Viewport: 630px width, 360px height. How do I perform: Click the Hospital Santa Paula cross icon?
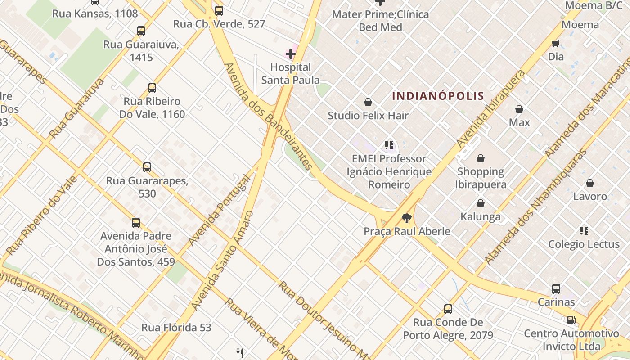coord(291,54)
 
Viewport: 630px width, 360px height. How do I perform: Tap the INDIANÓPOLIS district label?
coord(438,96)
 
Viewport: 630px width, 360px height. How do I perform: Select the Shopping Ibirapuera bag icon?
coord(481,158)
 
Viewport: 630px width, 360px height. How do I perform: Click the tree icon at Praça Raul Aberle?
coord(407,219)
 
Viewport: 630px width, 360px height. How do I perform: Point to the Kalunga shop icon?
coord(481,203)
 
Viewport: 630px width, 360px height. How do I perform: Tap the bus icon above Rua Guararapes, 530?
coord(147,167)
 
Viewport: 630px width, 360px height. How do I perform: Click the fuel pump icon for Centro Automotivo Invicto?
coord(571,320)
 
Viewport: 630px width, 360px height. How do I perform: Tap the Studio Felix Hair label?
coord(368,116)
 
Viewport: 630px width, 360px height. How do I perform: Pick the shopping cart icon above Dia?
coord(556,44)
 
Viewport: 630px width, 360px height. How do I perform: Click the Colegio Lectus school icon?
coord(584,231)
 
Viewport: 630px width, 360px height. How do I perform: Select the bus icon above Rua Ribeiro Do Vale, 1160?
coord(152,88)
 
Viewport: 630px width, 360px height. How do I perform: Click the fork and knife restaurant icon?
coord(240,353)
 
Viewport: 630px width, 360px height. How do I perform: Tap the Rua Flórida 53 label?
coord(176,328)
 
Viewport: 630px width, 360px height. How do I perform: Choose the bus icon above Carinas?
coord(556,289)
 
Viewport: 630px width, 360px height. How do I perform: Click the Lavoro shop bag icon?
coord(590,183)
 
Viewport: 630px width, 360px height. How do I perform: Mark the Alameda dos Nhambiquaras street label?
coord(535,207)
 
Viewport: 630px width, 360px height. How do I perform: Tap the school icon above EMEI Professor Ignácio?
coord(389,145)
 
